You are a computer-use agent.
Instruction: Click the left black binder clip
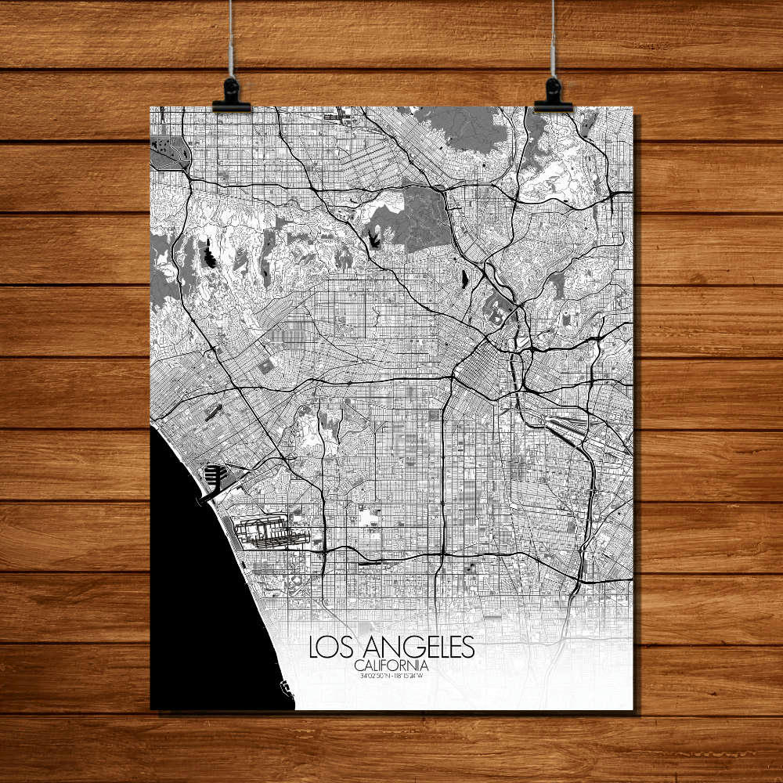point(231,96)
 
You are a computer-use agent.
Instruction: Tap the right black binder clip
point(553,95)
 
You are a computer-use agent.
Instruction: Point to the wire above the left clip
point(232,39)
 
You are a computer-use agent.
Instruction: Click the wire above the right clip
point(553,39)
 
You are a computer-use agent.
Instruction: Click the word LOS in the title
point(329,648)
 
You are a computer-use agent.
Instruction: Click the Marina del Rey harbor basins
point(214,474)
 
